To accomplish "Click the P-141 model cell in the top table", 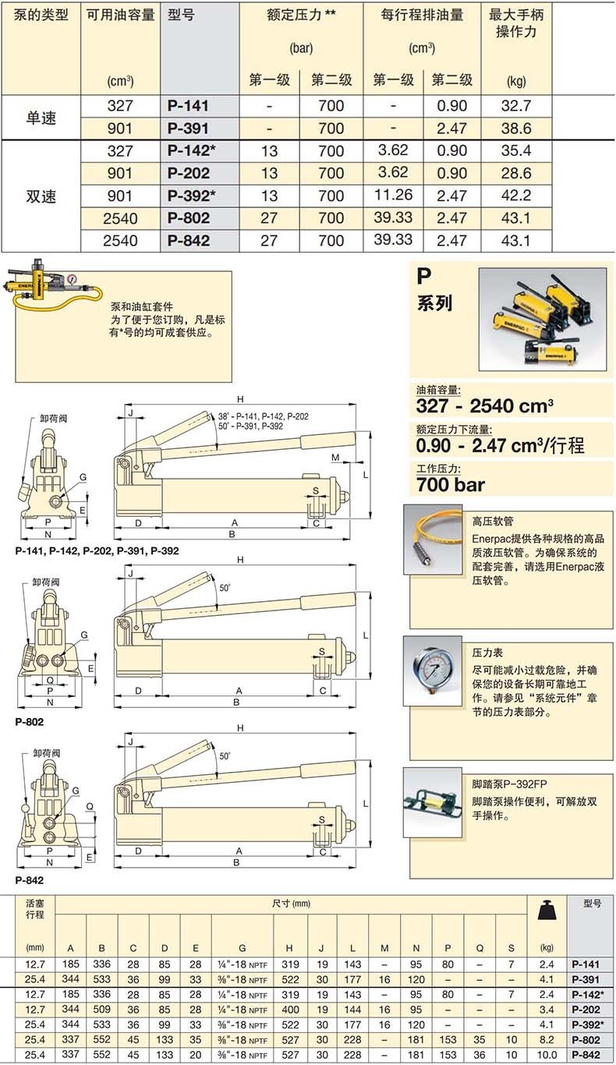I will pyautogui.click(x=188, y=106).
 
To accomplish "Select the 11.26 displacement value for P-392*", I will pyautogui.click(x=392, y=195).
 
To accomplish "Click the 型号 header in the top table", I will pyautogui.click(x=181, y=15).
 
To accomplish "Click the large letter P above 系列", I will pyautogui.click(x=423, y=277).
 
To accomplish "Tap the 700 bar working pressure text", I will pyautogui.click(x=451, y=485).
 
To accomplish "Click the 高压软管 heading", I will pyautogui.click(x=493, y=520).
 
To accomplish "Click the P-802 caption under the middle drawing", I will pyautogui.click(x=29, y=722).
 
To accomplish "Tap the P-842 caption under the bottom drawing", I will pyautogui.click(x=29, y=880).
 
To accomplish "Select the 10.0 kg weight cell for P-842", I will pyautogui.click(x=547, y=1054).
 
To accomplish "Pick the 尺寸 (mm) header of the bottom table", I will pyautogui.click(x=291, y=904).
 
